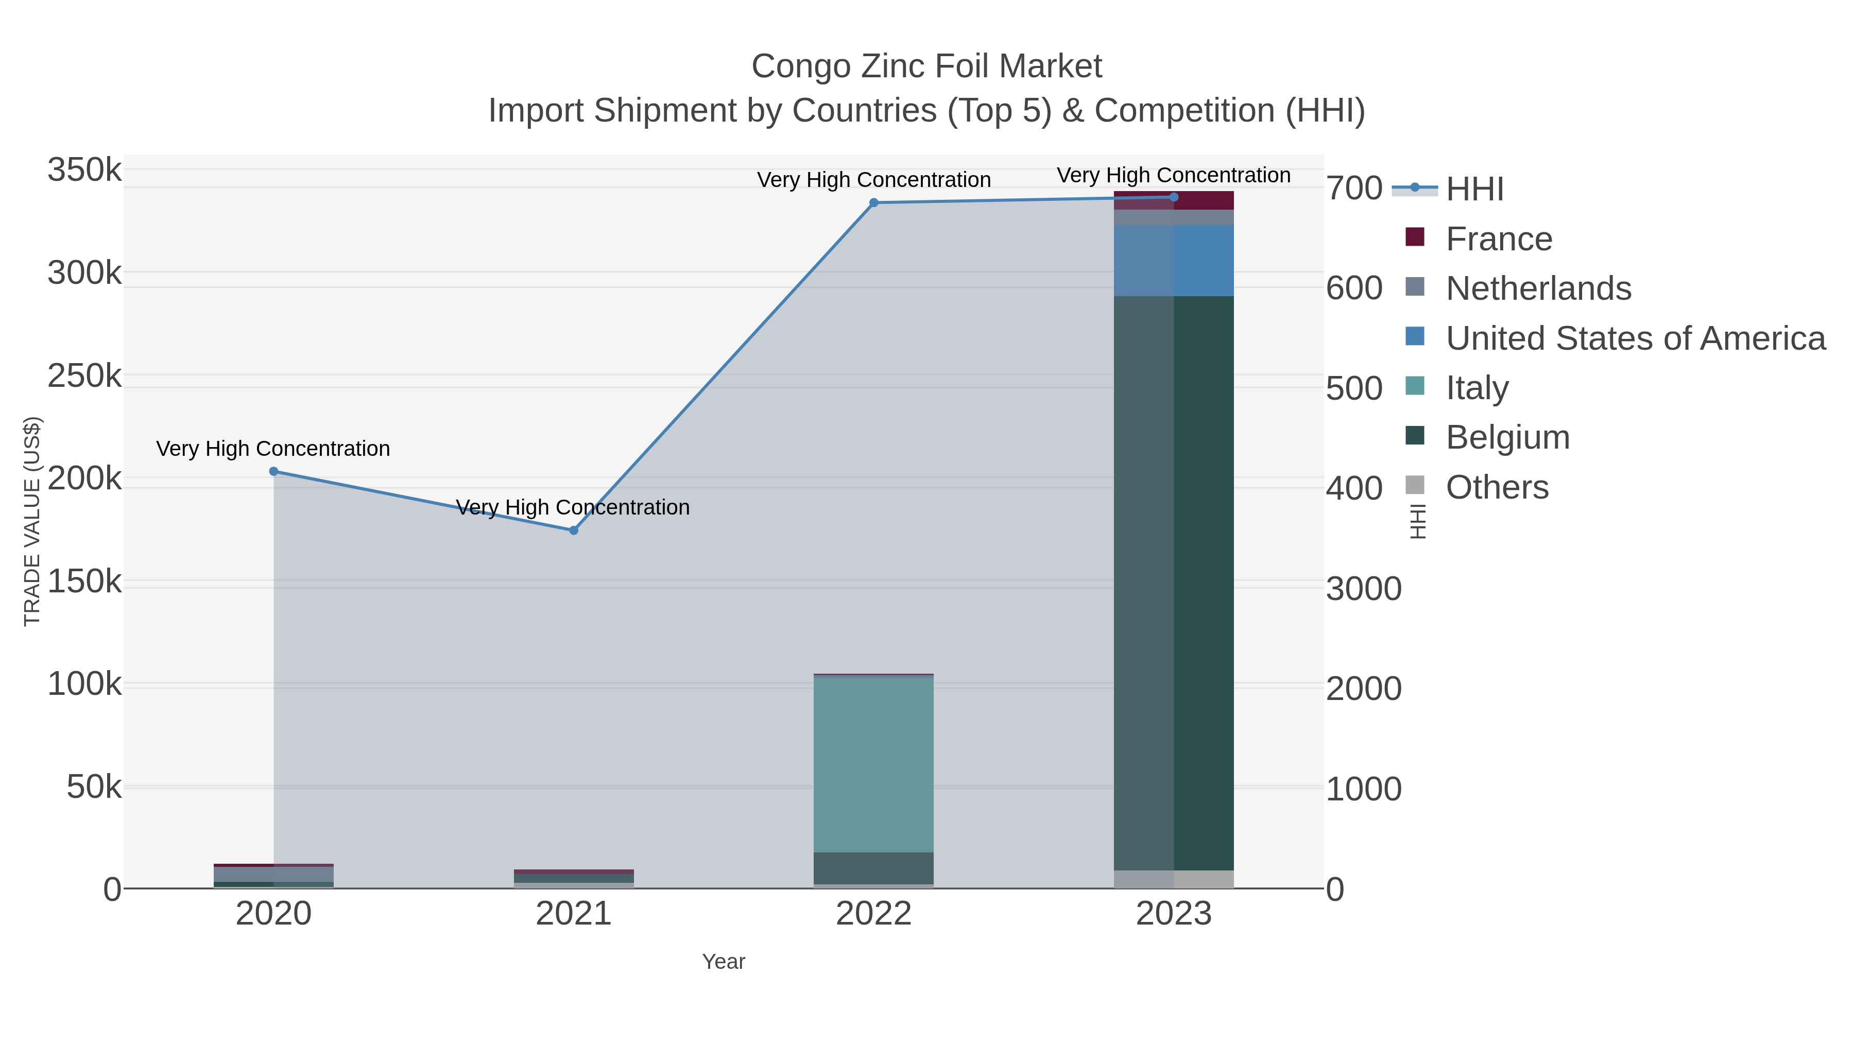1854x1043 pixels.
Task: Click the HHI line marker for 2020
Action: (273, 471)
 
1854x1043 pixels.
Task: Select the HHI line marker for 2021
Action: (574, 531)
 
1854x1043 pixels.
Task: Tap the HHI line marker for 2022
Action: (874, 203)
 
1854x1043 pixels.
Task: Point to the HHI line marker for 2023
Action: (1174, 197)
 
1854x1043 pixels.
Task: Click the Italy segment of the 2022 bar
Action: (874, 764)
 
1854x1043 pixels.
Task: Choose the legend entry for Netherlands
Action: (1538, 288)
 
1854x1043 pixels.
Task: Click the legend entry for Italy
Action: (1477, 388)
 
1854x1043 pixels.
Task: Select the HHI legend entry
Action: (1474, 190)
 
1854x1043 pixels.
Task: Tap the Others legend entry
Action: (1497, 487)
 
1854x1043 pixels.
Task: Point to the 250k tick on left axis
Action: (85, 376)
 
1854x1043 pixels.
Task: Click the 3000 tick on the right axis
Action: (1363, 589)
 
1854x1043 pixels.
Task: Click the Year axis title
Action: (724, 962)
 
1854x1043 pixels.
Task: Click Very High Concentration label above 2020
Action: (273, 449)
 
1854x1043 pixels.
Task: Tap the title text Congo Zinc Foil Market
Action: (926, 66)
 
